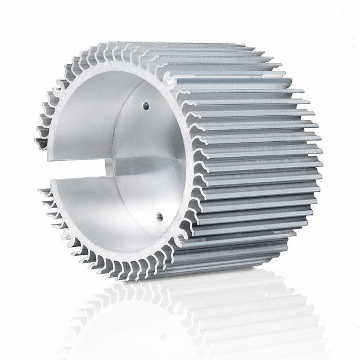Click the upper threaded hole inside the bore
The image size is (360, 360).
pos(146,105)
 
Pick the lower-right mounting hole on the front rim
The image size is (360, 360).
pos(180,238)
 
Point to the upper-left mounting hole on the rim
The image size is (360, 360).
pos(57,89)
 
